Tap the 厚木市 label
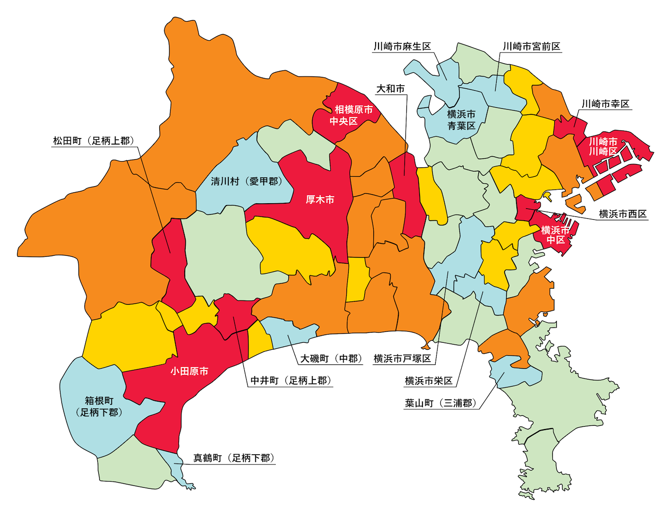click(x=320, y=200)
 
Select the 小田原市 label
click(x=189, y=371)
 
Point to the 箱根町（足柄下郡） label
click(x=99, y=406)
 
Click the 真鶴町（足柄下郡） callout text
click(x=234, y=458)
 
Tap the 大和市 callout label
click(x=390, y=89)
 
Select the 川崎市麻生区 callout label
click(x=402, y=46)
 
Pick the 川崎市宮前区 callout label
click(x=531, y=46)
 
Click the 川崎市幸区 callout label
click(x=605, y=104)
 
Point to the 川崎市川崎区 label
click(x=603, y=146)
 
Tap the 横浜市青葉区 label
click(x=461, y=120)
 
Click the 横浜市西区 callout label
click(x=623, y=214)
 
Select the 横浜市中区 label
click(x=555, y=235)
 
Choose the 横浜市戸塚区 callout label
click(x=402, y=359)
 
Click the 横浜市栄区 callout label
click(x=429, y=381)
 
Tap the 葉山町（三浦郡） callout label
click(x=441, y=403)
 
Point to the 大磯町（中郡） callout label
click(x=331, y=359)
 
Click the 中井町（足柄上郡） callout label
click(x=291, y=381)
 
